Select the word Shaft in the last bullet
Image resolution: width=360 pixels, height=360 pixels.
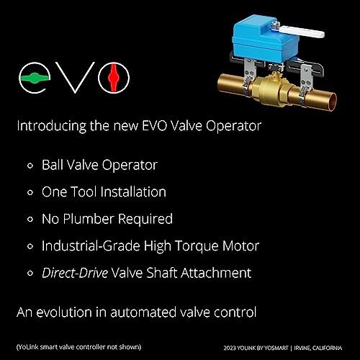(173, 273)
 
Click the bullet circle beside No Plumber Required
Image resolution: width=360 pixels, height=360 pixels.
(30, 219)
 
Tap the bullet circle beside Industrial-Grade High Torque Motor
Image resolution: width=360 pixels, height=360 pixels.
(30, 246)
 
